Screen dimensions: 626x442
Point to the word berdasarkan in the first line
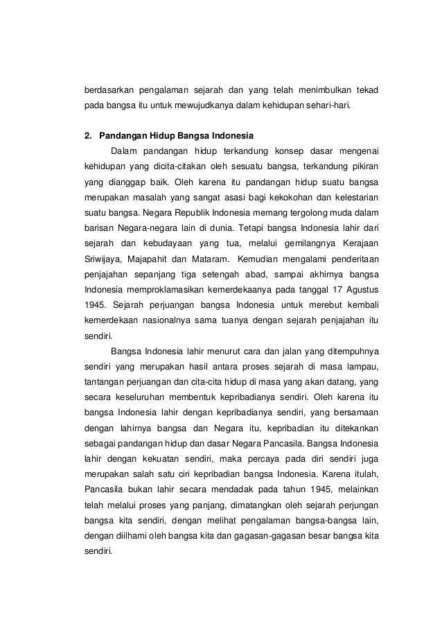click(109, 91)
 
